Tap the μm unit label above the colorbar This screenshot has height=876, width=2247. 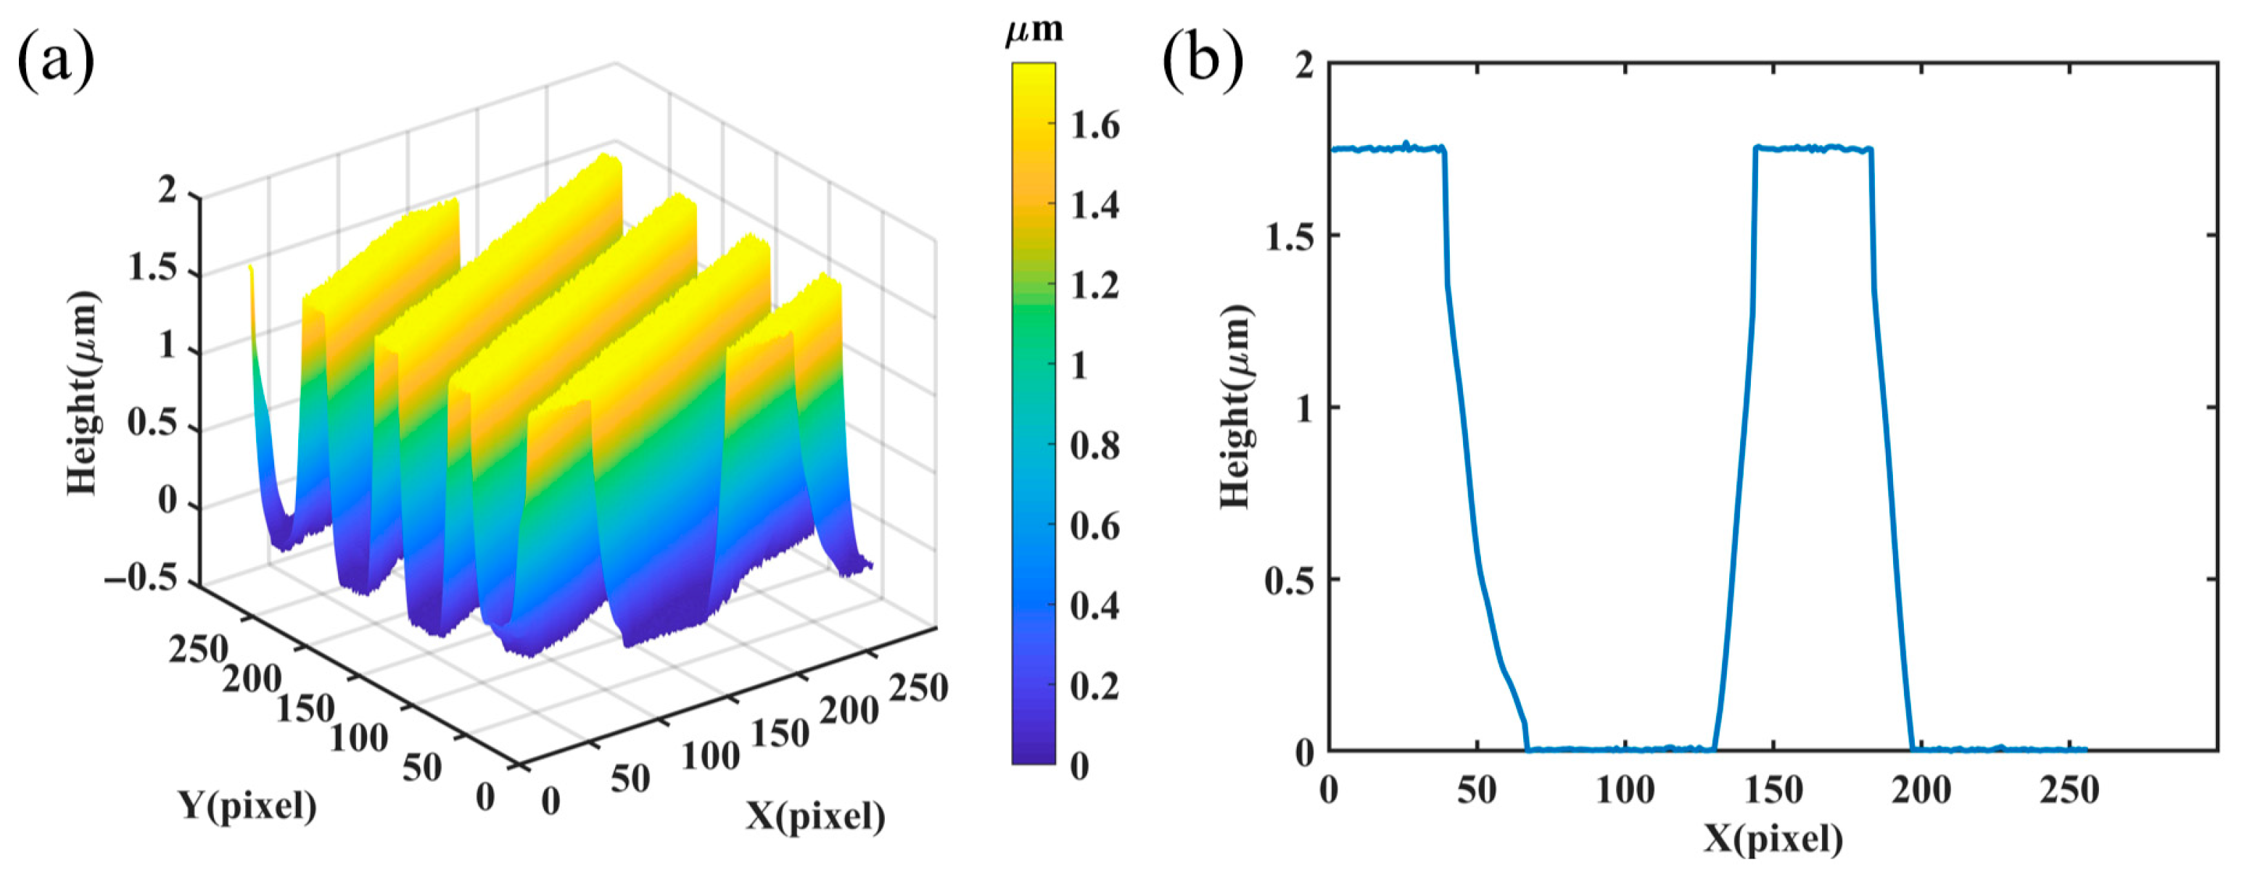(x=1034, y=30)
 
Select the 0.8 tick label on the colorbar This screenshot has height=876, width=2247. (x=1094, y=446)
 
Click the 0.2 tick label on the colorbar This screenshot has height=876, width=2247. (x=1094, y=687)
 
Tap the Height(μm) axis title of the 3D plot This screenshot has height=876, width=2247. (x=83, y=392)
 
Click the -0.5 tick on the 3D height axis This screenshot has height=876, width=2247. (x=141, y=579)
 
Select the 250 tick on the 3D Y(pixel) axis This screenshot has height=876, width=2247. (x=198, y=650)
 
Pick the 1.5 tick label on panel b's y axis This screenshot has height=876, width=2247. (x=1290, y=236)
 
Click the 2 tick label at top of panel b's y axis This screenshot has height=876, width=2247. (x=1304, y=65)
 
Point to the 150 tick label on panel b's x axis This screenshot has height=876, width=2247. (x=1773, y=791)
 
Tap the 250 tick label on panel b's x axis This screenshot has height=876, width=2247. (x=2069, y=791)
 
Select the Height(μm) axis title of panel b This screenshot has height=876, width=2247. (x=1235, y=407)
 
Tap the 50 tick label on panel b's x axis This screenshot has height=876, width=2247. (x=1477, y=791)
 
